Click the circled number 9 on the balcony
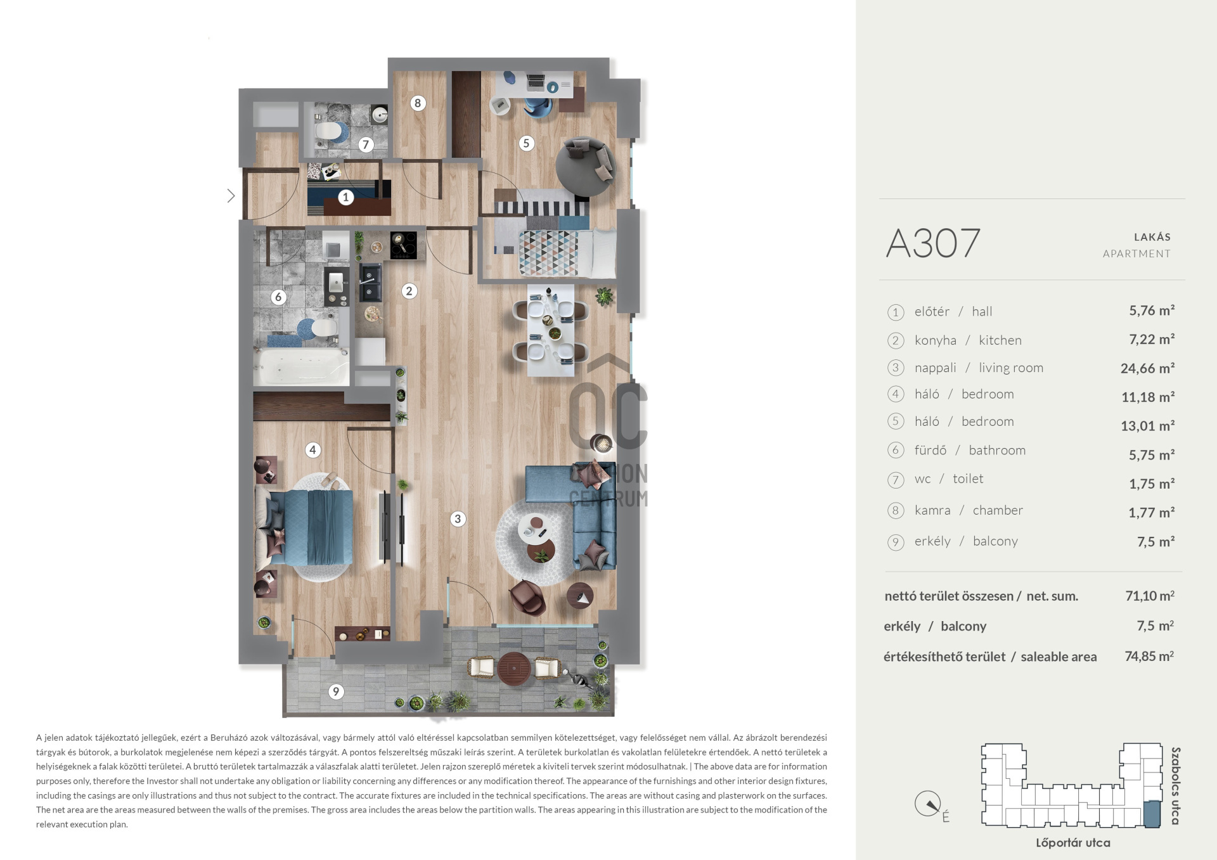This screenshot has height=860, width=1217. pos(336,691)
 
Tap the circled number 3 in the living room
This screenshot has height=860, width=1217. pos(458,519)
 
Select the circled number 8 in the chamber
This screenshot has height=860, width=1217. pos(417,103)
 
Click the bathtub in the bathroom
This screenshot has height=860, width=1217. pos(301,366)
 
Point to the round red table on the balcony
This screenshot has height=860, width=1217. pos(515,669)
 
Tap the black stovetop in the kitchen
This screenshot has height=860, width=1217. pos(403,245)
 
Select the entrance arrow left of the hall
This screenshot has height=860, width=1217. pos(231,196)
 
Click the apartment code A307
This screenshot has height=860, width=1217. pos(933,243)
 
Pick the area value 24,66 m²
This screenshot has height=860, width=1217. pos(1147,368)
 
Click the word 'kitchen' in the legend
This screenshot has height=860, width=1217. pos(1000,340)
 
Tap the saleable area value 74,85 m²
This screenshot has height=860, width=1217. pos(1149,656)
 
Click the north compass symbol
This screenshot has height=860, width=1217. pos(928,804)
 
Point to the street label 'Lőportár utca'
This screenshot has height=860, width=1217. pos(1072,843)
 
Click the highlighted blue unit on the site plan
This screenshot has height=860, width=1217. pos(1152,814)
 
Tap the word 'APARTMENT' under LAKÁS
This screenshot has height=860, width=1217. pos(1137,254)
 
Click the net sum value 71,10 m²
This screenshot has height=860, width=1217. pos(1150,596)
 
